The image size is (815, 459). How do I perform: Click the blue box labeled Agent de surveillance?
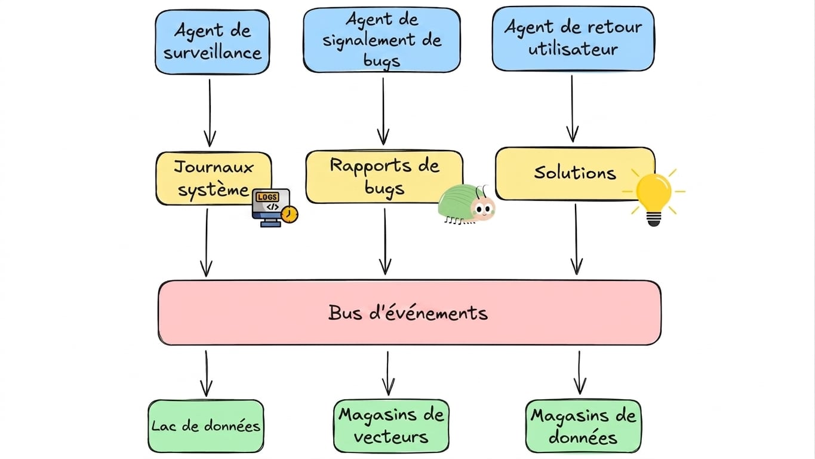(212, 42)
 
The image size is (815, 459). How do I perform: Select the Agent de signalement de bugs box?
(382, 39)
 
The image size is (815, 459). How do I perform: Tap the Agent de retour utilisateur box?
(573, 39)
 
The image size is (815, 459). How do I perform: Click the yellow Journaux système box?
(214, 179)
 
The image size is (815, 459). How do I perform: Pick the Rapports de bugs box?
(385, 177)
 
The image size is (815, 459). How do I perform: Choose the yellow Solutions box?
(575, 173)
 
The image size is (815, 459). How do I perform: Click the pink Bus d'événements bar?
(410, 313)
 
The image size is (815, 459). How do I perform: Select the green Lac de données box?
(206, 426)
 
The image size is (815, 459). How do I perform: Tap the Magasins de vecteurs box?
(391, 426)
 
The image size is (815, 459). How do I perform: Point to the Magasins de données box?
(583, 426)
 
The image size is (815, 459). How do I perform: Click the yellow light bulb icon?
(654, 197)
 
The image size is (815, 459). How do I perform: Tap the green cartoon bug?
(466, 204)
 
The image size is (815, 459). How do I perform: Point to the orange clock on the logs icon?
(290, 215)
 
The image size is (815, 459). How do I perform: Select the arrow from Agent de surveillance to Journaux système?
(210, 113)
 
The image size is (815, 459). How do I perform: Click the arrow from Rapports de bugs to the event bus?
(385, 241)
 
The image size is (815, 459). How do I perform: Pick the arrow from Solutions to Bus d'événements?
(576, 239)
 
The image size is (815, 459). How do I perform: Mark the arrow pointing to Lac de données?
(207, 374)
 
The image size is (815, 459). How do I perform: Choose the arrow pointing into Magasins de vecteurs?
(388, 374)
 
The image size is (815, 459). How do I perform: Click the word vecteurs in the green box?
(391, 437)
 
